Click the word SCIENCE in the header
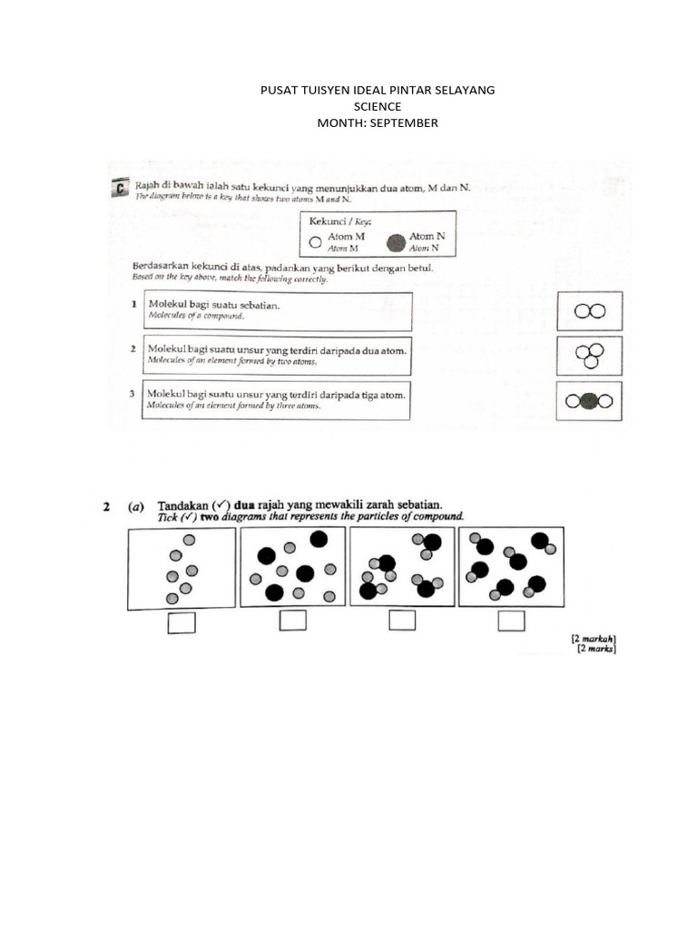point(377,106)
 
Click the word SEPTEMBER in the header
point(403,122)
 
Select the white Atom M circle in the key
point(315,242)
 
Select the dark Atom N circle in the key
point(395,242)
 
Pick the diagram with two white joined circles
point(590,311)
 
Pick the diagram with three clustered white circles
point(590,355)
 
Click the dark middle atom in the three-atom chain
point(590,401)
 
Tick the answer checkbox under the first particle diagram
point(182,621)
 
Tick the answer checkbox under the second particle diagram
point(292,621)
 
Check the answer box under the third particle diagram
point(402,621)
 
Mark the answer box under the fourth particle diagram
point(511,621)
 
